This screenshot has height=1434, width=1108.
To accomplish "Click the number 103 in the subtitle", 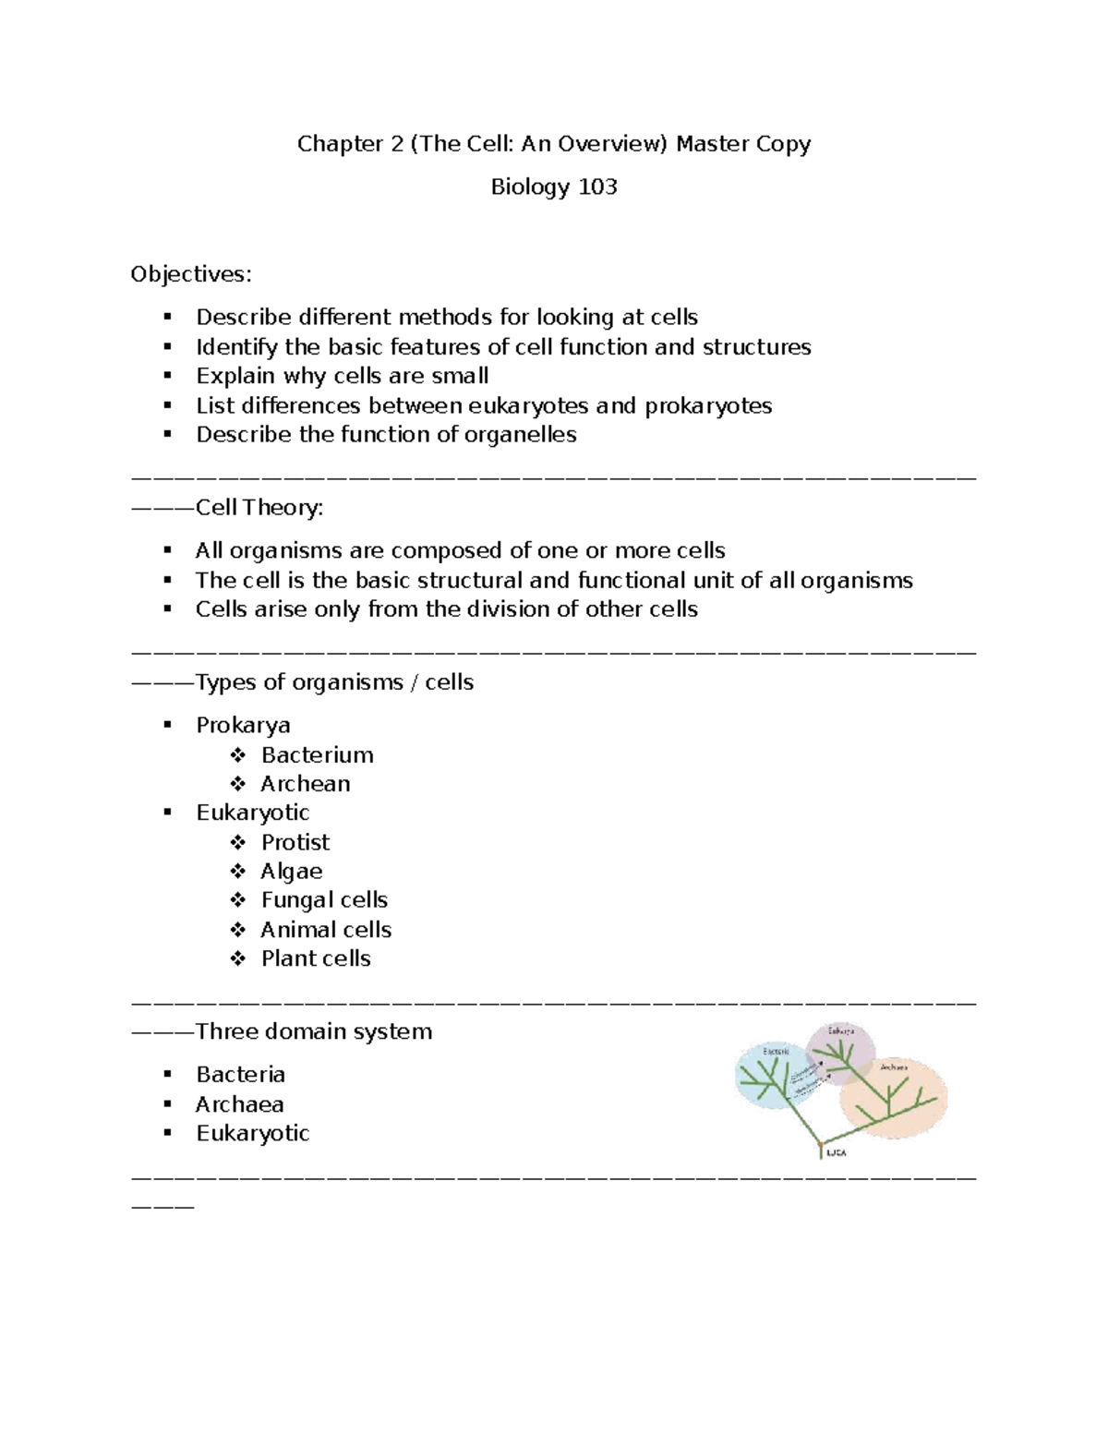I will coord(597,187).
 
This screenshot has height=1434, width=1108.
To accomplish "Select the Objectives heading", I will coord(190,274).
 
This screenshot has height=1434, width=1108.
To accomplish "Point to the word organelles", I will coord(524,435).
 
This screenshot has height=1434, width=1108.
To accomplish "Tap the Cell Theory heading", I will coord(259,508).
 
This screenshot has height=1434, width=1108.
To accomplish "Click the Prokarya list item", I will coord(243,726).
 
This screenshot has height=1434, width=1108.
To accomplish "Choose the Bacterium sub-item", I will coord(317,755).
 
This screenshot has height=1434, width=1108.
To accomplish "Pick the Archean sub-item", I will coord(306,784).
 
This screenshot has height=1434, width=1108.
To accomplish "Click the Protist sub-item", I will coord(295,842).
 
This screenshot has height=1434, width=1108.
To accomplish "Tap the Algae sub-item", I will coord(292,872).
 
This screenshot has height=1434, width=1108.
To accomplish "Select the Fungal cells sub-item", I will coord(324,900).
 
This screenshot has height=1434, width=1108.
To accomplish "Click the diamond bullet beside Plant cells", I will coord(238,958).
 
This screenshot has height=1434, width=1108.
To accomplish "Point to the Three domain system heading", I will coord(314,1031).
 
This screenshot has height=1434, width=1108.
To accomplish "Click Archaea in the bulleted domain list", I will coord(240,1104).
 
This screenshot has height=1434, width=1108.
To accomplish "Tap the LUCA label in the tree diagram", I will coord(836,1153).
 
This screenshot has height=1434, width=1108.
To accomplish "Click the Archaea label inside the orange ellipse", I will coord(894,1066).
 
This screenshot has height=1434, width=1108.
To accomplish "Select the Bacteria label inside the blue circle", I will coord(776,1051).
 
